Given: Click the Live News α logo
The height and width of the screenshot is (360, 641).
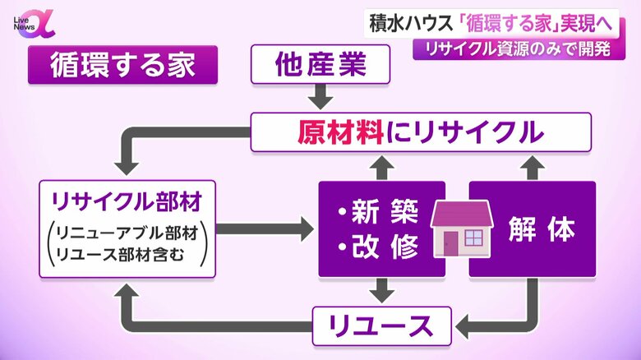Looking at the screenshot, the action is pos(34,25).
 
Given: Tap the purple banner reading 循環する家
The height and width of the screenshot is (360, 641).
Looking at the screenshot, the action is pos(122,65).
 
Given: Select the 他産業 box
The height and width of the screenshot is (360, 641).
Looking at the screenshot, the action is pos(320,64).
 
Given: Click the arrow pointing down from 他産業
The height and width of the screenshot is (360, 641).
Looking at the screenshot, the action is pos(320,96).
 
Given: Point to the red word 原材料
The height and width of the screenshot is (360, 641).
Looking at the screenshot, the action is pos(340,132).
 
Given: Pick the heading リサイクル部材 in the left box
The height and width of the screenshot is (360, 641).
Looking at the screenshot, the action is pos(127,201).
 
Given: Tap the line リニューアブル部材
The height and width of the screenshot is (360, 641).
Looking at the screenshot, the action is pos(127,233).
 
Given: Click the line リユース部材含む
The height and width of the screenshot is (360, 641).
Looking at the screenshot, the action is pos(120,255).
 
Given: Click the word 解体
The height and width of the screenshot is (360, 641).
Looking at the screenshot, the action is pos(542,228).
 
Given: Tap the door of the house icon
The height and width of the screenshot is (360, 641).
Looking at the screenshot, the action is pos(451,243).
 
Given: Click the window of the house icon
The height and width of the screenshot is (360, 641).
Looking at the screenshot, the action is pos(474,238).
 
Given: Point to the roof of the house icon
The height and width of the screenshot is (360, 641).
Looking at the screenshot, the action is pos(462,214).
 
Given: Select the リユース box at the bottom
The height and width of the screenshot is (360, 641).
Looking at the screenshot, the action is pos(382,326).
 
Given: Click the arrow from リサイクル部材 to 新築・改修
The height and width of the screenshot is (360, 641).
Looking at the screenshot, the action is pos(265,228).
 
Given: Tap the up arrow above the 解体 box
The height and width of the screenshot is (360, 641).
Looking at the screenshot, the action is pos(533,168).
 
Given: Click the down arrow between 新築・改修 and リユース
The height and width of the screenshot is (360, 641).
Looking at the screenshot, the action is pos(382,291).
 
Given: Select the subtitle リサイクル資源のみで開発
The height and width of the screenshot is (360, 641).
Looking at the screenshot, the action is pos(519,49).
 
